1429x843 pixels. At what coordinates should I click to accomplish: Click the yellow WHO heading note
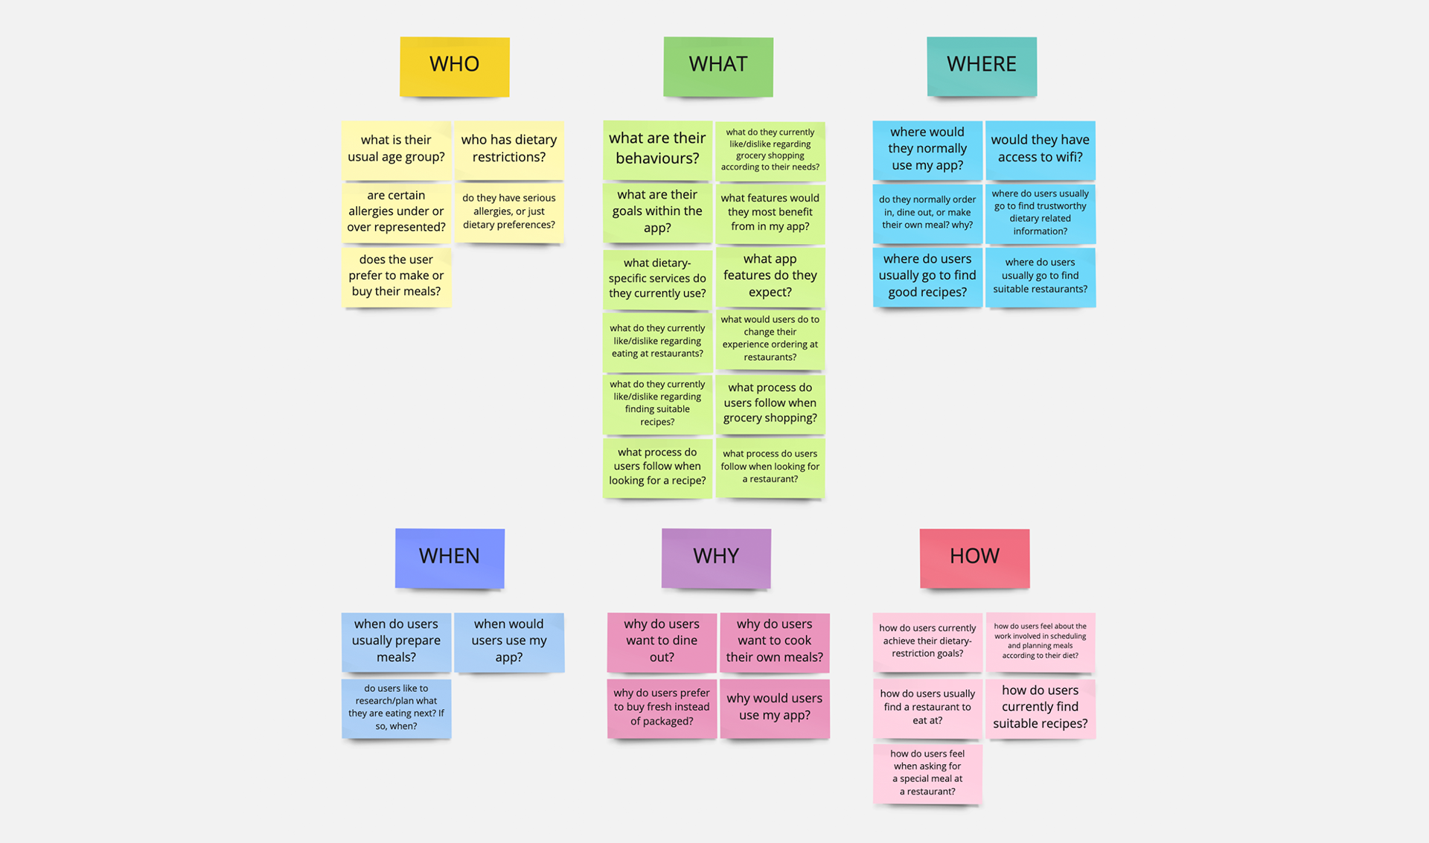pos(454,65)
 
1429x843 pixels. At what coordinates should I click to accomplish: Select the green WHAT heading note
pos(717,65)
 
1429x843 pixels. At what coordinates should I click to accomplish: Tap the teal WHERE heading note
pos(981,65)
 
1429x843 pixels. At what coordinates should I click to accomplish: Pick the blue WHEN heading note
pos(450,557)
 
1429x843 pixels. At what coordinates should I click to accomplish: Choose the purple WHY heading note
pos(716,557)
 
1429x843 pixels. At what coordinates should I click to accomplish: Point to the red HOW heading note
pos(974,557)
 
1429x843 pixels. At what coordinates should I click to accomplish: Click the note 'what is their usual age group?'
pos(396,149)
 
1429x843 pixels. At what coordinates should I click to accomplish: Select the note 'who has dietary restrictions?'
pos(509,149)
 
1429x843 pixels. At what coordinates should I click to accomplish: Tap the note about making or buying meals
pos(396,276)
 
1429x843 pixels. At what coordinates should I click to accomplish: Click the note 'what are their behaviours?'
pos(657,149)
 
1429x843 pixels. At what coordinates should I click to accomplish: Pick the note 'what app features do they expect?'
pos(770,276)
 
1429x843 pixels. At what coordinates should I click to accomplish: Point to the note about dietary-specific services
pos(657,278)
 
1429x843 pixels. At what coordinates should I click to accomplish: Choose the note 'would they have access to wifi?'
pos(1040,149)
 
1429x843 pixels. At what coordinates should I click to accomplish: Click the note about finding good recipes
pos(927,276)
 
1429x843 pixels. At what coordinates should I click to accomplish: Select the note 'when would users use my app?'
pos(509,641)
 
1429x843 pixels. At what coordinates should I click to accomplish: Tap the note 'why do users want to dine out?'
pos(662,641)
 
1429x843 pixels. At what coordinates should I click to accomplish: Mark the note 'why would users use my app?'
pos(775,708)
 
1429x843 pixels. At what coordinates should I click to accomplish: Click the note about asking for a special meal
pos(927,773)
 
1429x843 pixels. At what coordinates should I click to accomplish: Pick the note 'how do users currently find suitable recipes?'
pos(1040,708)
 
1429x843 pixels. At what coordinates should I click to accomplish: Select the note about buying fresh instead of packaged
pos(662,708)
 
